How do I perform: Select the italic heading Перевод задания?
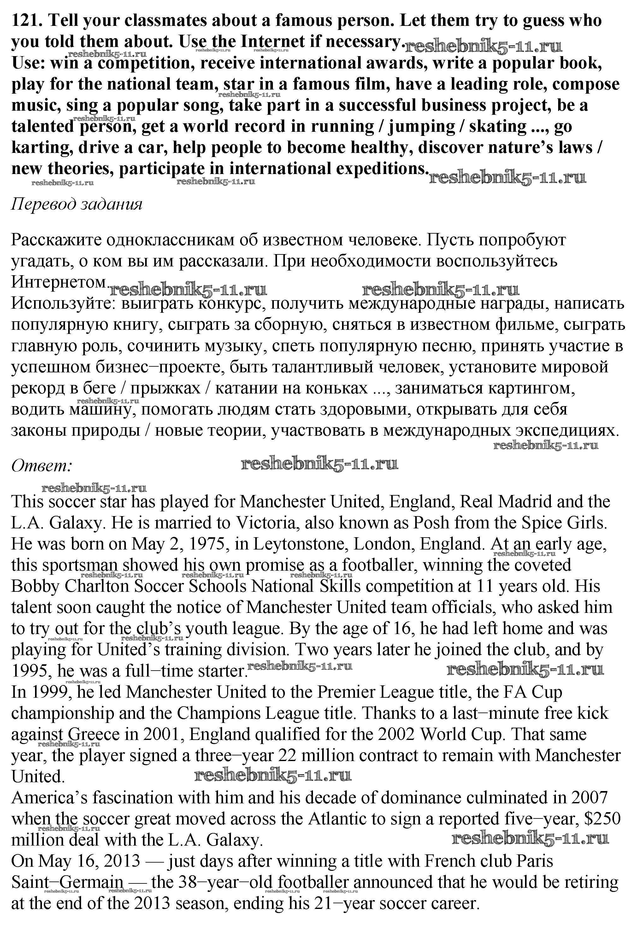[77, 204]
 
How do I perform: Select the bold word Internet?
[272, 42]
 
